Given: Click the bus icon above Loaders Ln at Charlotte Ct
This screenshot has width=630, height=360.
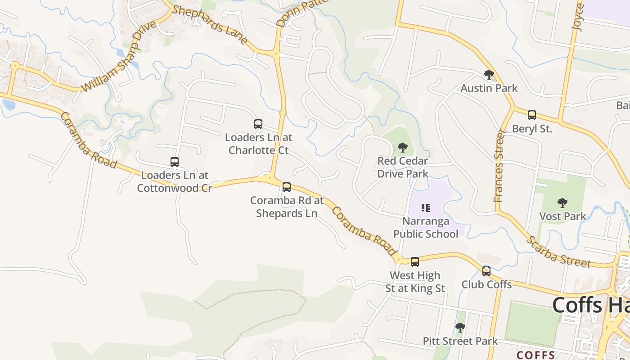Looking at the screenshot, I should (258, 124).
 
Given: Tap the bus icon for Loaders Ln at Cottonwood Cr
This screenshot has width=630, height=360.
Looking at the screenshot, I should (175, 162).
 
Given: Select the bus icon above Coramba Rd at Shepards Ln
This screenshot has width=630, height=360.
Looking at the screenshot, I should (287, 187).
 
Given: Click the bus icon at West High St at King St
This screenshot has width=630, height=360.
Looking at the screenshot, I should (415, 262).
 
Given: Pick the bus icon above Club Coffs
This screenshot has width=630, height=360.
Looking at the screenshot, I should (486, 271).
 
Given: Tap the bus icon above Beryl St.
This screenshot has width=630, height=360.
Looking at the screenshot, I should (532, 115).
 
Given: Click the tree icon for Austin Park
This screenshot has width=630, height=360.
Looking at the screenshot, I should (489, 75).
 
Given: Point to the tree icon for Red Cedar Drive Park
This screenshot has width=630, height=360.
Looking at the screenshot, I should (403, 148).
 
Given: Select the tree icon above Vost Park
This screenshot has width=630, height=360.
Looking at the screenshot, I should (562, 203).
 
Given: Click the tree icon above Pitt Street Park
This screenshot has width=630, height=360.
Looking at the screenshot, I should (460, 328).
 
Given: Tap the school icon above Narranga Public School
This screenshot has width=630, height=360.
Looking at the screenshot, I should (426, 208).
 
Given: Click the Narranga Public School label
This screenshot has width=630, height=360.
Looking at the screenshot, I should (426, 227).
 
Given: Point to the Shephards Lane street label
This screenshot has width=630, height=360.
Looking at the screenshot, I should (210, 25).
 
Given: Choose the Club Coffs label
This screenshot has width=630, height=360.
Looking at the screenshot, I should (486, 284).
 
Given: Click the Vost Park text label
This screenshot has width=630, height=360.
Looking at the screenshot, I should (563, 216).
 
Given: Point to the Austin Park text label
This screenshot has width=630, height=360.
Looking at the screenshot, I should (489, 88).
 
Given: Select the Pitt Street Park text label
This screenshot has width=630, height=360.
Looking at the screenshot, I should (460, 341).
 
